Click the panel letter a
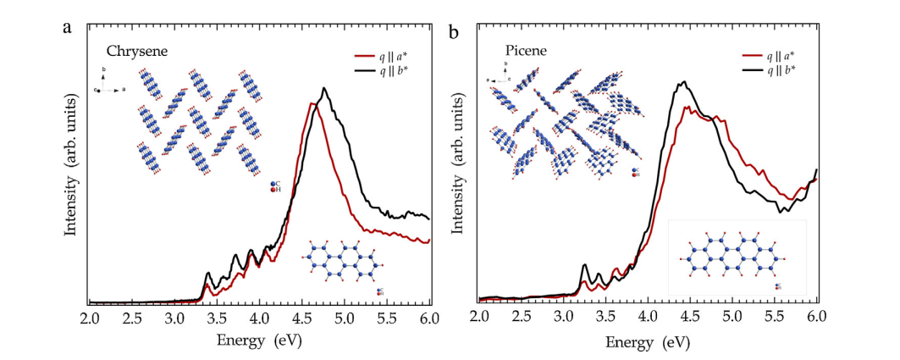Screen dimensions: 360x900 click(x=68, y=27)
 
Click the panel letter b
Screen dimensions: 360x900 click(x=455, y=32)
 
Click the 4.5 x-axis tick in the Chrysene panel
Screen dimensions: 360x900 click(x=302, y=319)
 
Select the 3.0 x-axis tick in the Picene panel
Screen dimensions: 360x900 click(x=564, y=319)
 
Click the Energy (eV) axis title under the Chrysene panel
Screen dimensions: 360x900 click(x=259, y=341)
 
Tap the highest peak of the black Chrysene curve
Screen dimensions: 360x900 click(x=324, y=88)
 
